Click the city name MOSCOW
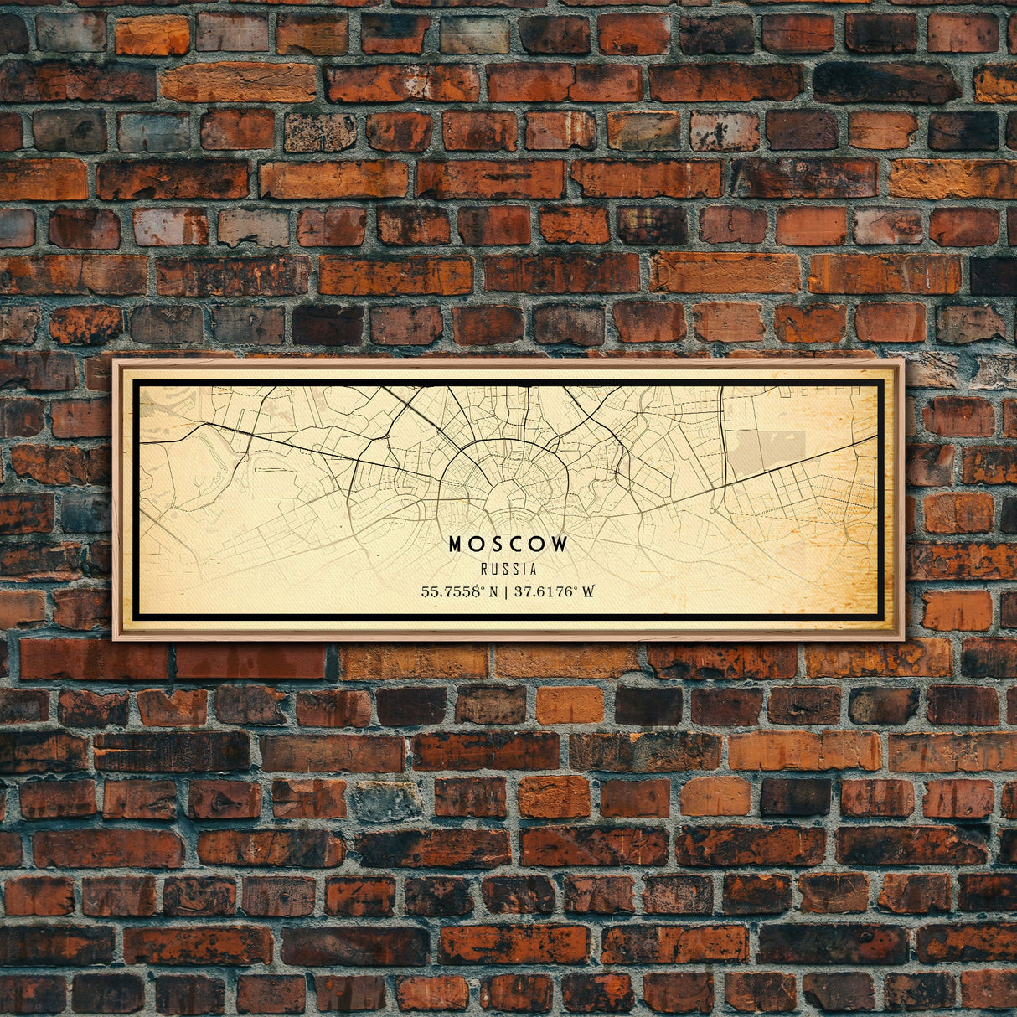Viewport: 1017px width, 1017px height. pyautogui.click(x=508, y=545)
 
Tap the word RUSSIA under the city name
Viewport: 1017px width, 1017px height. pyautogui.click(x=508, y=570)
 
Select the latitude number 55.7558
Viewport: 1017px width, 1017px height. pyautogui.click(x=452, y=591)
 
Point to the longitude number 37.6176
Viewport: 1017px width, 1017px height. pyautogui.click(x=545, y=591)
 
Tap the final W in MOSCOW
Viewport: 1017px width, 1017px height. pyautogui.click(x=560, y=545)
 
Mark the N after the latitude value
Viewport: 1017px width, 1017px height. pyautogui.click(x=493, y=591)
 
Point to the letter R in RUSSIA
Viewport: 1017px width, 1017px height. pyautogui.click(x=485, y=570)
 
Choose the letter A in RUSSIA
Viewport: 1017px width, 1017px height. pyautogui.click(x=533, y=570)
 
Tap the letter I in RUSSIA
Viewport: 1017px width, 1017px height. pyautogui.click(x=524, y=570)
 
